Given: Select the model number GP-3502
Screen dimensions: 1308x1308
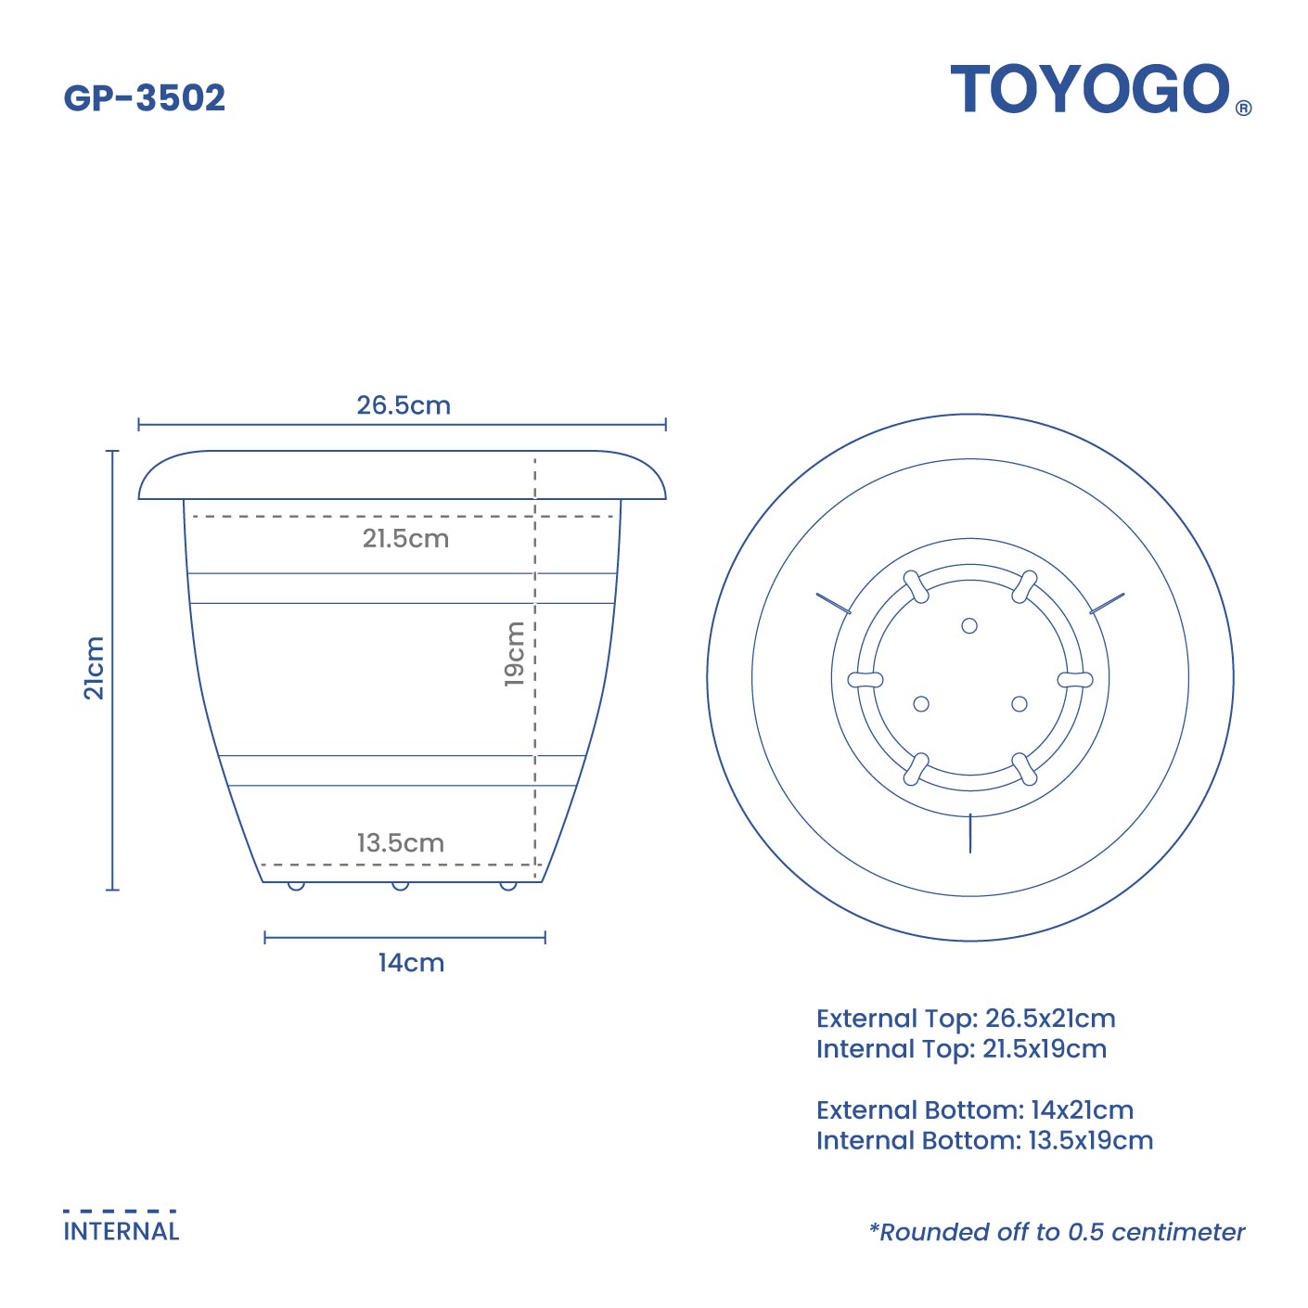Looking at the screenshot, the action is click(x=144, y=97).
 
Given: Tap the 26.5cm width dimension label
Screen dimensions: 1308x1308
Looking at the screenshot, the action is click(x=404, y=405).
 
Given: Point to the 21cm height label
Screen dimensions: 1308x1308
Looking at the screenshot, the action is click(x=94, y=668).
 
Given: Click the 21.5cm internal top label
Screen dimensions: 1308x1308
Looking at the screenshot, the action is click(x=405, y=538).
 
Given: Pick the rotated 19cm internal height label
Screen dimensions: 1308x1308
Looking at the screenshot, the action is click(x=515, y=654).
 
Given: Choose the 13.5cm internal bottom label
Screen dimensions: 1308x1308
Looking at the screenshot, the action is click(x=401, y=843).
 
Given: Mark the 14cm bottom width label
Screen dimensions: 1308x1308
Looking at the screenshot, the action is click(x=411, y=963).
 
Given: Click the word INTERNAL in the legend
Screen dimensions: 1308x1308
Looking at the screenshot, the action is click(x=121, y=1231).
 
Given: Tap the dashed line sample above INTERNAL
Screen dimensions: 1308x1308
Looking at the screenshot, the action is click(x=120, y=1211).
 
